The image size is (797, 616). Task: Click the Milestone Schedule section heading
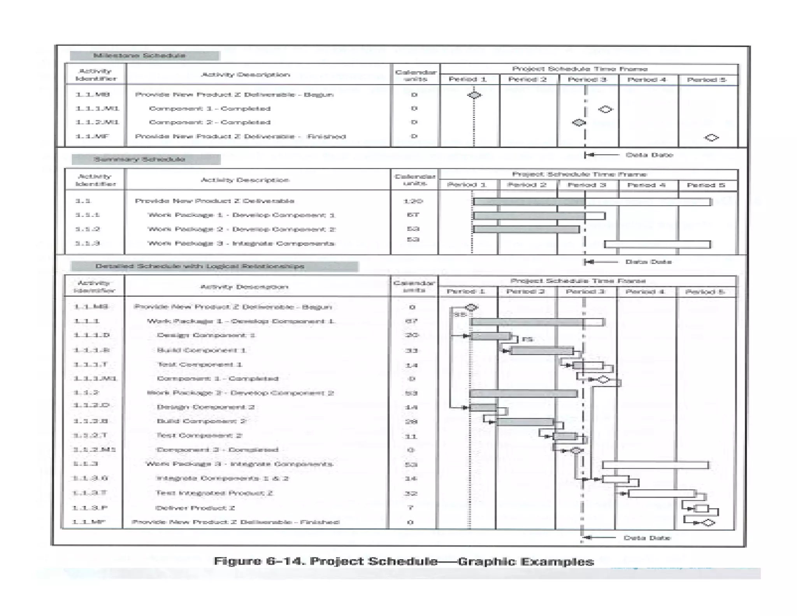point(139,55)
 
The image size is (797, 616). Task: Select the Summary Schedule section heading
point(140,159)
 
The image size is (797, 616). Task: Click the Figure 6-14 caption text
point(404,561)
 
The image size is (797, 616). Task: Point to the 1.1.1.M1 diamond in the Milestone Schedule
point(605,109)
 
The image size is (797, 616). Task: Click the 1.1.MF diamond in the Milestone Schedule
point(711,137)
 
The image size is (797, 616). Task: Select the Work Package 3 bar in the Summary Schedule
point(657,244)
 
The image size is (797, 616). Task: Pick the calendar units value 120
point(413,201)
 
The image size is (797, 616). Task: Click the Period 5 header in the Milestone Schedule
point(706,80)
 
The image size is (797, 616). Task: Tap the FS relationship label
point(527,340)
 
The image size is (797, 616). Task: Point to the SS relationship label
point(460,314)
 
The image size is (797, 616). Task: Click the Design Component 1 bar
point(490,336)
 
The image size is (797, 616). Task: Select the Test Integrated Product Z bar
point(662,493)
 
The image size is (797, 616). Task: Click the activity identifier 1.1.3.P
point(90,508)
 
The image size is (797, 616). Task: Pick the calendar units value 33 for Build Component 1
point(411,350)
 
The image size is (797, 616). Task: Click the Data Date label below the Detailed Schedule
point(647,538)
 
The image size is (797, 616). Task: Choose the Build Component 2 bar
point(525,422)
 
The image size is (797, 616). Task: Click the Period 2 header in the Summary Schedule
point(527,185)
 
